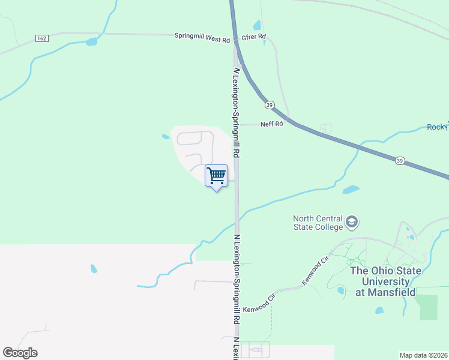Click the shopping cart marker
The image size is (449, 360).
coord(216,176)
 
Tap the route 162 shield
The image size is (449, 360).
coord(41,38)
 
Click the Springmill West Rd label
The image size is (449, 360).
coord(202,37)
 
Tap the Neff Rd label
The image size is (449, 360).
coord(271,124)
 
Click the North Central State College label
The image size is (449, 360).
coord(318,223)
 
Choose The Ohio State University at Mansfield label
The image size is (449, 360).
coord(386,281)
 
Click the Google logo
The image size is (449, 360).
coord(20,353)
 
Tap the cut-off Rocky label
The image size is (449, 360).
coord(437,127)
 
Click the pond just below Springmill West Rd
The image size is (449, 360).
coord(91,42)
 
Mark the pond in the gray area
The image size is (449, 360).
coord(94,268)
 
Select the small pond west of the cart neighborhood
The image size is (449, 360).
coord(166,137)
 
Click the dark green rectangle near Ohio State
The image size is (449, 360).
coord(429,307)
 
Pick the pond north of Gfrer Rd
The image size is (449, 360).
coord(257,25)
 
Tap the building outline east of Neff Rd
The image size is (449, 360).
coord(325,128)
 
